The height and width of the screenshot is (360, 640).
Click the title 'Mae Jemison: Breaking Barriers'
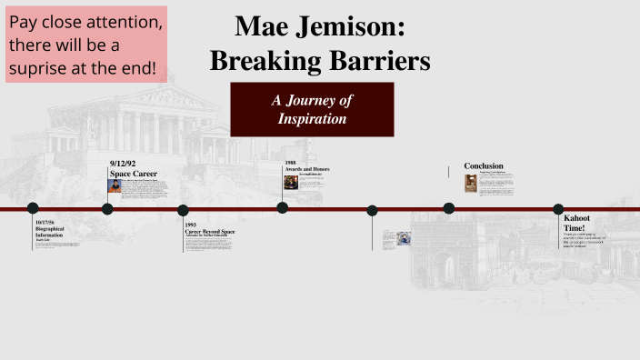click(320, 43)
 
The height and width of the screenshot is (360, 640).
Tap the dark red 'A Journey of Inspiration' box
click(312, 109)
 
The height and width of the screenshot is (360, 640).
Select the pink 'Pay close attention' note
click(88, 45)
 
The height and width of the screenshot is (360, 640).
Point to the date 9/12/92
click(123, 164)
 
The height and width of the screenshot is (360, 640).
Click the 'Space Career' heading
click(134, 173)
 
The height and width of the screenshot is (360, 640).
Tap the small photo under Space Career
click(115, 185)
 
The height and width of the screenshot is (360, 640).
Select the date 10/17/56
click(45, 223)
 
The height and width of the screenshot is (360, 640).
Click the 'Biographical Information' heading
click(49, 232)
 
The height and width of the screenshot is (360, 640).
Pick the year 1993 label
click(191, 225)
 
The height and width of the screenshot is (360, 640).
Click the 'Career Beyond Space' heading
click(210, 231)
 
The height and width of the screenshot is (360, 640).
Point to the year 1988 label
click(291, 163)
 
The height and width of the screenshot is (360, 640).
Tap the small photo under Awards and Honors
click(291, 181)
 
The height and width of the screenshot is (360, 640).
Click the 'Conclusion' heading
click(484, 165)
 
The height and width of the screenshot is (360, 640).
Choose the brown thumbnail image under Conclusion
click(471, 183)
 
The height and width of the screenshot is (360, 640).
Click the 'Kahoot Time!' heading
click(576, 223)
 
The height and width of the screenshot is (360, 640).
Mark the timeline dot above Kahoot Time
click(558, 209)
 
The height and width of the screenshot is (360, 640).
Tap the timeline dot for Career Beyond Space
click(183, 210)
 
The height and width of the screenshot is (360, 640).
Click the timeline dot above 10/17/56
click(33, 208)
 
